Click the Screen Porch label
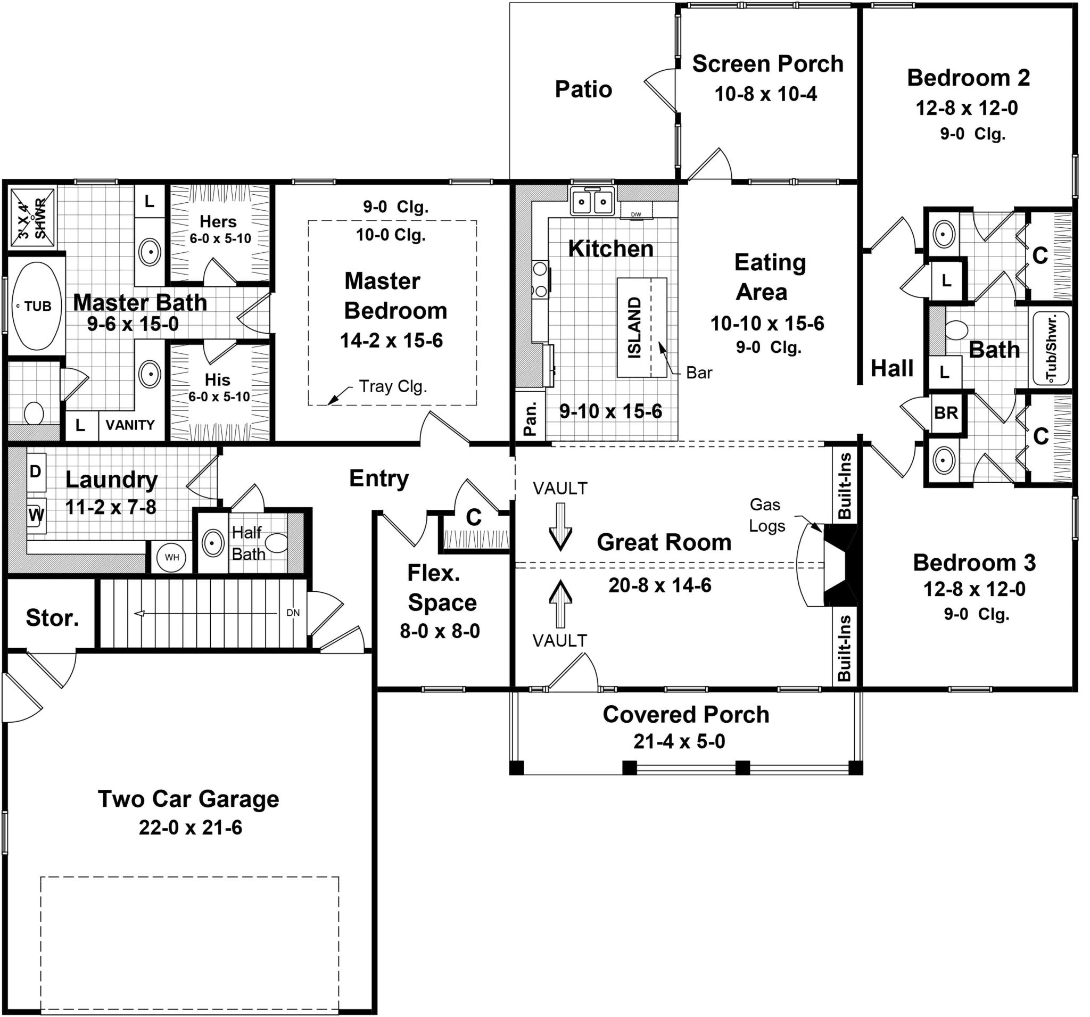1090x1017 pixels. (767, 64)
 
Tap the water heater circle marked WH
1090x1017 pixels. (171, 558)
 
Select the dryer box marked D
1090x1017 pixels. (36, 472)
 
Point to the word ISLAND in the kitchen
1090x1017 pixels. (634, 327)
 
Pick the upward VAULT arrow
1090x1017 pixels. (560, 603)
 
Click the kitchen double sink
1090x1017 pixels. (592, 202)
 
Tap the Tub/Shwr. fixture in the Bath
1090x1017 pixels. (1052, 348)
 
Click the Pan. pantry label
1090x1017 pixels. (530, 419)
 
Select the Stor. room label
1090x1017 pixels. (53, 618)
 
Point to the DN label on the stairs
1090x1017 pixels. (293, 613)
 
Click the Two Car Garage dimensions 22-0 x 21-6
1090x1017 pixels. (190, 828)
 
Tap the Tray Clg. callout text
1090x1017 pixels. (393, 386)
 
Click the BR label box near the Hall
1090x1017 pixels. (946, 413)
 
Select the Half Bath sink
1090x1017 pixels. (212, 543)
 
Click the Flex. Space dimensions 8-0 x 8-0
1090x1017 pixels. (440, 632)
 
